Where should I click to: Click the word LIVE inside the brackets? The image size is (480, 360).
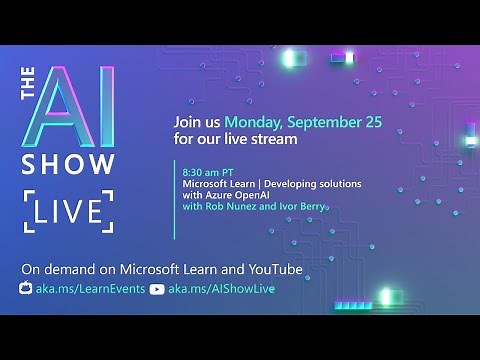pyautogui.click(x=68, y=211)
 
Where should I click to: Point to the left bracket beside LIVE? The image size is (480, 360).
pyautogui.click(x=28, y=211)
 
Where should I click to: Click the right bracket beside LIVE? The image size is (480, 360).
pyautogui.click(x=108, y=211)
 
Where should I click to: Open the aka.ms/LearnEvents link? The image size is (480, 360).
pyautogui.click(x=89, y=288)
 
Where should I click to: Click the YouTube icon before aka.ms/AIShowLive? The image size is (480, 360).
pyautogui.click(x=156, y=288)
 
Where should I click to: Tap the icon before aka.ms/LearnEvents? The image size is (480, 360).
pyautogui.click(x=26, y=288)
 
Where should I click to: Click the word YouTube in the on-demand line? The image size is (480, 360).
pyautogui.click(x=238, y=270)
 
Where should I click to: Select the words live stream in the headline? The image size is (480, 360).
pyautogui.click(x=265, y=139)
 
